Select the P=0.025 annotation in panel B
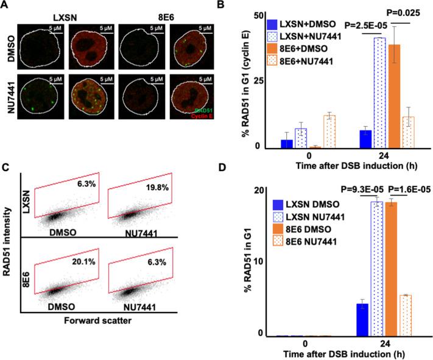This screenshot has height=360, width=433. coord(401,28)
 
